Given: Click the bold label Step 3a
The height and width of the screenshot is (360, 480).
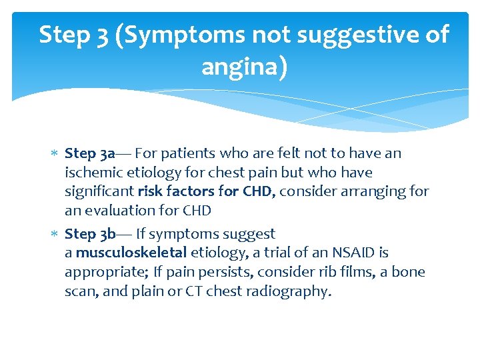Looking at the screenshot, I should click(90, 153).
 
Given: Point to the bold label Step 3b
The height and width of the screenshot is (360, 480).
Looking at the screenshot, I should click(91, 234).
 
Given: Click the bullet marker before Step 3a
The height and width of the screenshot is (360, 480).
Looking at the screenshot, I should click(55, 154).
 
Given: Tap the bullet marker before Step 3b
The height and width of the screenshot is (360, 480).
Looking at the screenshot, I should click(55, 235).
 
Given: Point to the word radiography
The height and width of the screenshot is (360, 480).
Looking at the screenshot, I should click(293, 292).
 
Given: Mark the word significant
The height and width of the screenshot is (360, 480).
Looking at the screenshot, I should click(99, 192).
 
